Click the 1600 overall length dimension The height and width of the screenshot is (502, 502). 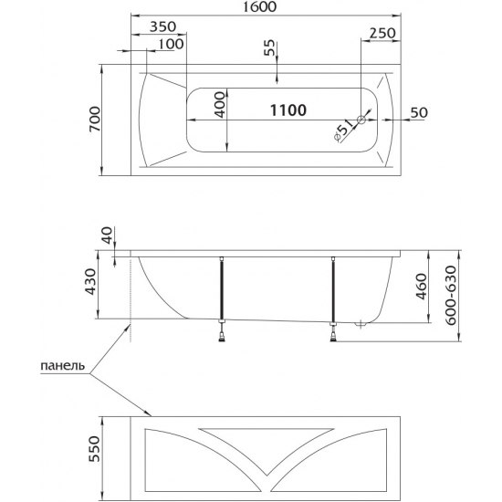pyautogui.click(x=259, y=6)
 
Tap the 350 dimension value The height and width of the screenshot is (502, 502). pyautogui.click(x=163, y=26)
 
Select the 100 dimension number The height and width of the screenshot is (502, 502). pyautogui.click(x=172, y=44)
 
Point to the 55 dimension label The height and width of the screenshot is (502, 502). pyautogui.click(x=269, y=47)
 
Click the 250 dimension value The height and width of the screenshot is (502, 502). pyautogui.click(x=383, y=33)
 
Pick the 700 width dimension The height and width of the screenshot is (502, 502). pyautogui.click(x=95, y=119)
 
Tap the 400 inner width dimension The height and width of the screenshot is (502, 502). pyautogui.click(x=220, y=105)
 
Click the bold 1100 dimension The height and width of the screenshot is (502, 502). pyautogui.click(x=288, y=110)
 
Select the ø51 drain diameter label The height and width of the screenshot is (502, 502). pyautogui.click(x=343, y=131)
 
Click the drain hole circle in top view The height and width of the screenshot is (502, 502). pyautogui.click(x=361, y=120)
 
